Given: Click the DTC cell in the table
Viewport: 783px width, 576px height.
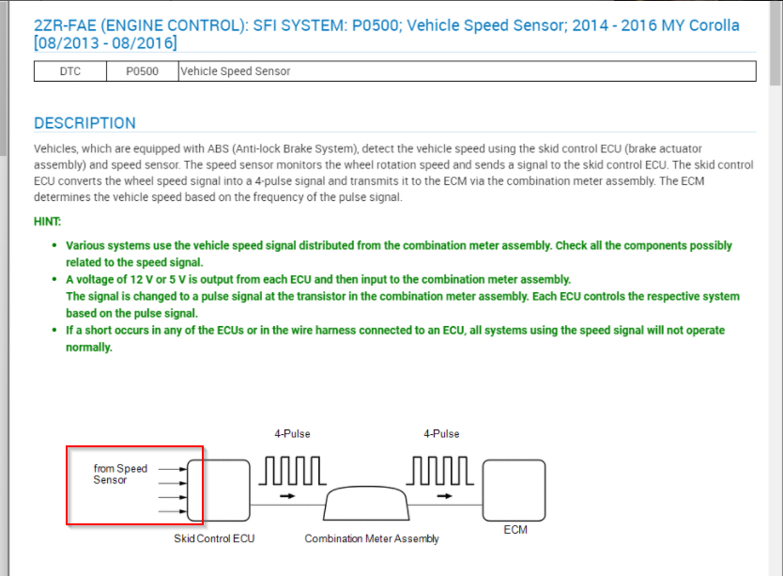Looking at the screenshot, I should tap(69, 71).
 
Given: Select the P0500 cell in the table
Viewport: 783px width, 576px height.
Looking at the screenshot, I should tap(142, 71).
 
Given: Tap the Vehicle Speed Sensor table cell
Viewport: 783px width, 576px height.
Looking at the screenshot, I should tap(235, 71).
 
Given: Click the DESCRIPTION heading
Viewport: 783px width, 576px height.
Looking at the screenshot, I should tap(84, 123).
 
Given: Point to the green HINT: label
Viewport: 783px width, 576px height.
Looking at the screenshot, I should tap(48, 222).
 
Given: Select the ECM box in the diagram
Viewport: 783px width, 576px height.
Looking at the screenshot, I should tap(514, 489).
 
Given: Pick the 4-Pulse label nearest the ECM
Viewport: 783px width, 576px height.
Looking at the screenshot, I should tap(441, 434).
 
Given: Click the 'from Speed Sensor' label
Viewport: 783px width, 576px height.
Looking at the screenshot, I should tap(119, 475).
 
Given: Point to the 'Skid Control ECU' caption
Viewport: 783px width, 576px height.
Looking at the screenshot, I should tap(214, 539).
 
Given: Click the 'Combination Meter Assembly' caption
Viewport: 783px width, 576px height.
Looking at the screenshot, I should tap(372, 539).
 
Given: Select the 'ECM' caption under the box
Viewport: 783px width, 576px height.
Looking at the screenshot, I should tap(515, 530).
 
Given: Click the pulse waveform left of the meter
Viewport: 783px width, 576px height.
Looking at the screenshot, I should tap(292, 469).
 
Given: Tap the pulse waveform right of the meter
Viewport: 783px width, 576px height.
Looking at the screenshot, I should tap(442, 469).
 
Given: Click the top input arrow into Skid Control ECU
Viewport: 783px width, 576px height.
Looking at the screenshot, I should tap(173, 468).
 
